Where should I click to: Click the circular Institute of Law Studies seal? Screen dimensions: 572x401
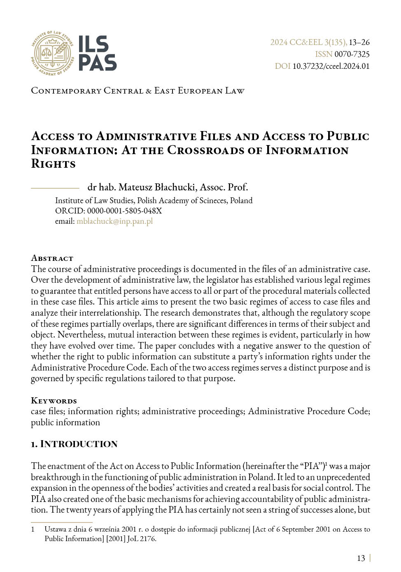coord(52,53)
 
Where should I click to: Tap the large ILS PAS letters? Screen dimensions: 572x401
coord(97,53)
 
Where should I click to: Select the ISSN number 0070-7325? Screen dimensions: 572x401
coord(352,54)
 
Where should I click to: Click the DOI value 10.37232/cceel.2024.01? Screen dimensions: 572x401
coord(331,66)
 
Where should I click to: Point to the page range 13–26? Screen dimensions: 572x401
coord(359,42)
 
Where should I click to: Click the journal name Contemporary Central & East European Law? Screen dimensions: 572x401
coord(138,91)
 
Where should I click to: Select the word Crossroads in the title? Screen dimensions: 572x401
coord(205,150)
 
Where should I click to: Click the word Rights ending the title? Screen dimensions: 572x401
coord(53,164)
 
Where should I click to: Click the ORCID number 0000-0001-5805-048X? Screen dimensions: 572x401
coord(124,211)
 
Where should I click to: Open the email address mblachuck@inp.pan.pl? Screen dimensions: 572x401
coord(114,221)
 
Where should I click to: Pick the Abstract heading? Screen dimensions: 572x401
coord(52,258)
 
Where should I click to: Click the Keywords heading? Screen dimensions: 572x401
coord(54,401)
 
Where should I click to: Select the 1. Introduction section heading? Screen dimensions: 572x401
coord(74,444)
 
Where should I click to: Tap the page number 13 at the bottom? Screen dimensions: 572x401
coord(361,558)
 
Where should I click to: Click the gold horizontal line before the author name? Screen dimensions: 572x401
coord(55,188)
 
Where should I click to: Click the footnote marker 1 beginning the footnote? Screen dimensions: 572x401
coord(33,529)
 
